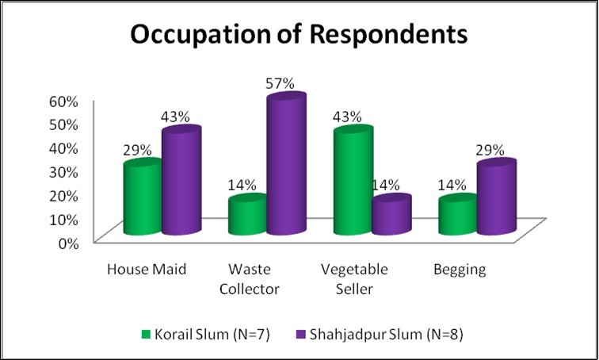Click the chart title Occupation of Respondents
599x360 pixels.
pos(299,36)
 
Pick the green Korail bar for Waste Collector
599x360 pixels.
pos(247,216)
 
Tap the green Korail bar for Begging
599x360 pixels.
pos(458,216)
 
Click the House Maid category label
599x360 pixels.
pos(147,270)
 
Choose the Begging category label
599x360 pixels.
pos(460,270)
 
